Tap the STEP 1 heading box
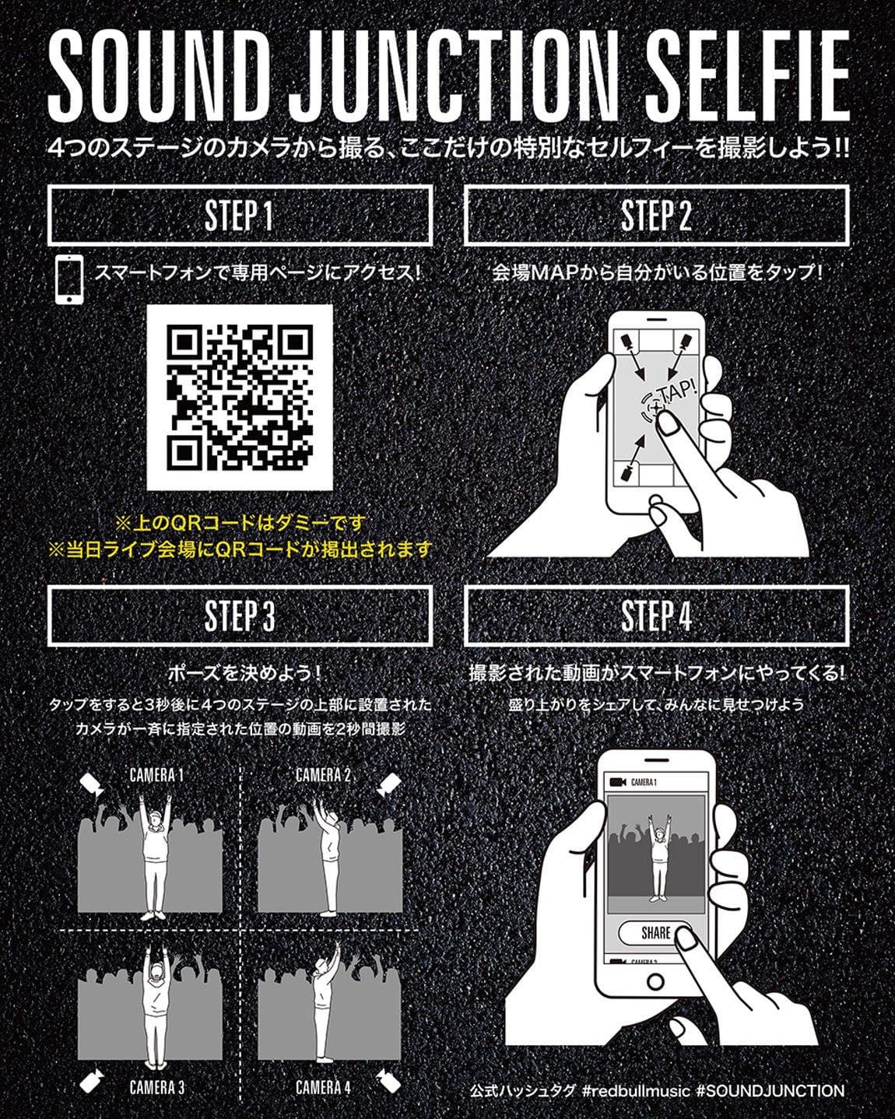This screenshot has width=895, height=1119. (240, 216)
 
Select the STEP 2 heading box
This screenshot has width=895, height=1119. (656, 216)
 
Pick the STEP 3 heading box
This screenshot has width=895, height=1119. (240, 616)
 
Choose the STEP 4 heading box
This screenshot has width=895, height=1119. (656, 616)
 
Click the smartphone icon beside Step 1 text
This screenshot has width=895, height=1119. (69, 279)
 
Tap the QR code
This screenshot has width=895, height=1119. (240, 398)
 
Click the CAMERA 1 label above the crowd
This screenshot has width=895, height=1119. (156, 776)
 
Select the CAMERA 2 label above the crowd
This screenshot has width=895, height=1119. (323, 776)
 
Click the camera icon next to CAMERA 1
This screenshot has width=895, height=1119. (93, 784)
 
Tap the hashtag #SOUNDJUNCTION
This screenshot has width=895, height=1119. (770, 1091)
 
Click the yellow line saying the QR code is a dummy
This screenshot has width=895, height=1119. (240, 524)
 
